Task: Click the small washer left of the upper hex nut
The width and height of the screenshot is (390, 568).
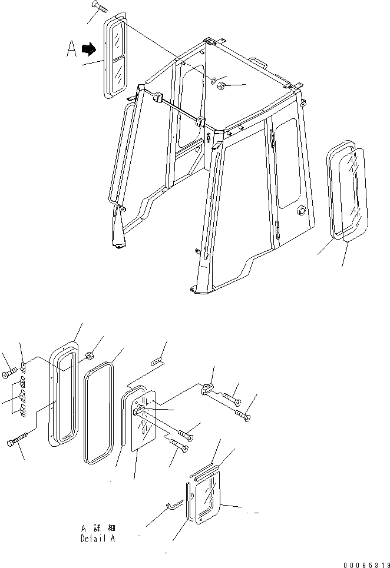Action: (214, 79)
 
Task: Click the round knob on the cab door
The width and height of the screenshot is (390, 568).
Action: (302, 210)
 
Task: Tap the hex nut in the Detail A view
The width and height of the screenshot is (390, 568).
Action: (91, 356)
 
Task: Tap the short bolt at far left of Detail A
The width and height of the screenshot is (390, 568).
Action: (9, 373)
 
